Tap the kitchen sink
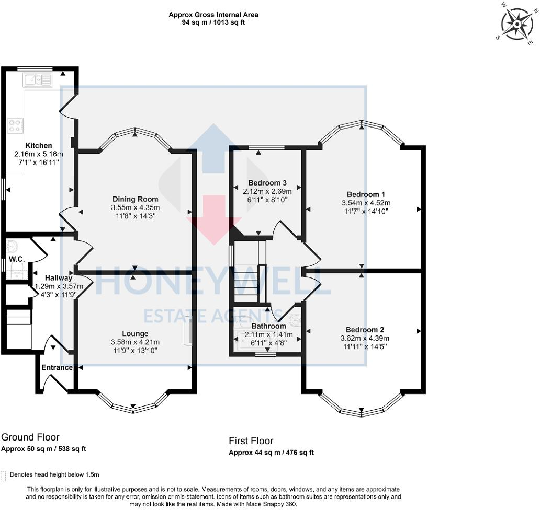(x=37, y=80)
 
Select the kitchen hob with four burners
(x=15, y=125)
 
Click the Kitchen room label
(x=39, y=145)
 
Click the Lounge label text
(x=135, y=333)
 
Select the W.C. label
(x=14, y=259)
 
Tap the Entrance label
(x=57, y=367)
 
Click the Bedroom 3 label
(x=267, y=183)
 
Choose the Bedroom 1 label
(x=366, y=194)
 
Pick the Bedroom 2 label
(x=365, y=330)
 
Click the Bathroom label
(x=269, y=326)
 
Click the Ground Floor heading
(x=30, y=437)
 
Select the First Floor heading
(x=251, y=441)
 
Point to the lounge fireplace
(x=188, y=333)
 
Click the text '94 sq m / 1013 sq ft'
(x=213, y=22)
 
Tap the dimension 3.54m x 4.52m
(x=366, y=203)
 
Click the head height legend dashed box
(x=4, y=475)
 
